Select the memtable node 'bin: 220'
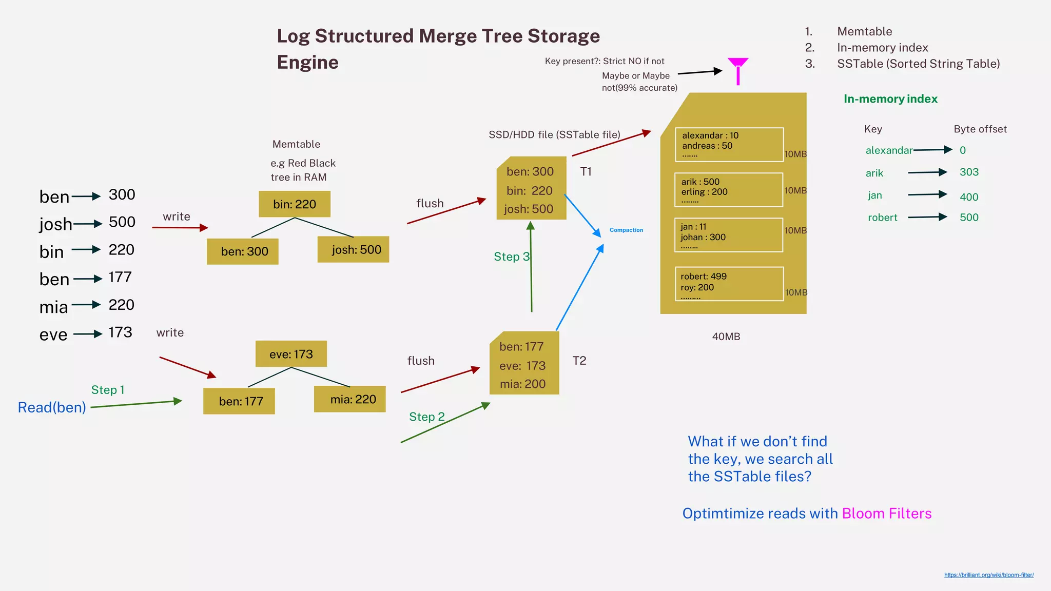[x=295, y=204]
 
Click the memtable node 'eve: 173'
[x=291, y=354]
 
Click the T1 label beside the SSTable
[x=586, y=172]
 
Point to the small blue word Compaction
[x=626, y=230]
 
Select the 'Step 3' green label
[x=511, y=257]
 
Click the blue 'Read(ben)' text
[x=52, y=407]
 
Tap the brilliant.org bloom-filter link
[x=988, y=575]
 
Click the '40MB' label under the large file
[x=726, y=337]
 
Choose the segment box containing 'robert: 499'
[x=729, y=284]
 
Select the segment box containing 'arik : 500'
[x=728, y=190]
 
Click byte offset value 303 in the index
[x=969, y=172]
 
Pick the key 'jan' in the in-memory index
[x=874, y=195]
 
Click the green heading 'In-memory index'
[x=890, y=99]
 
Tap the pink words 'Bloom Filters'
[x=886, y=514]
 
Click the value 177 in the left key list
[x=120, y=278]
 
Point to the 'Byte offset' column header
[x=980, y=129]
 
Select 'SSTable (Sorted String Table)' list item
[x=918, y=64]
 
